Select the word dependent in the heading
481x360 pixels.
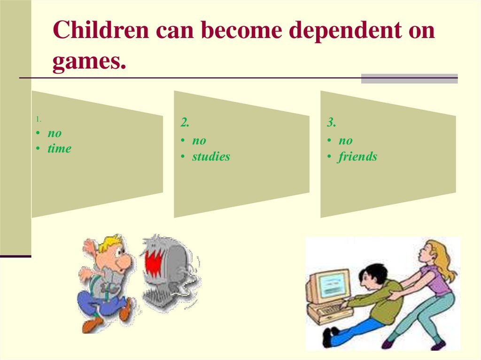[x=338, y=31]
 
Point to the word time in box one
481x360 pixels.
[x=59, y=149]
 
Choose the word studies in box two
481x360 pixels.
[x=211, y=157]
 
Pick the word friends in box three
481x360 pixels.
[x=357, y=157]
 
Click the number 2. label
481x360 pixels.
[x=185, y=123]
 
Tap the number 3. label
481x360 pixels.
[x=332, y=123]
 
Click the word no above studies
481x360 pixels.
[x=199, y=141]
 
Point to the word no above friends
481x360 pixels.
[x=345, y=141]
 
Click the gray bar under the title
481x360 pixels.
[x=409, y=78]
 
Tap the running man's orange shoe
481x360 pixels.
[x=92, y=324]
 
